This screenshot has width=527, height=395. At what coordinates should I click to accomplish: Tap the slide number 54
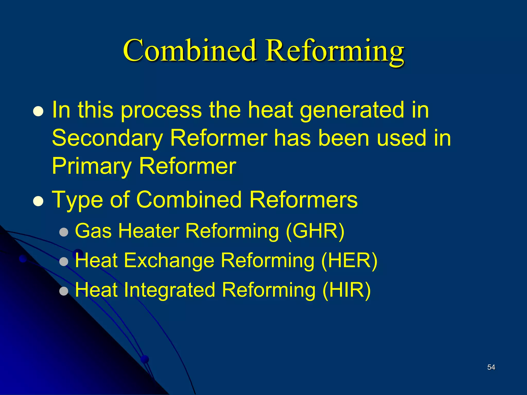click(491, 367)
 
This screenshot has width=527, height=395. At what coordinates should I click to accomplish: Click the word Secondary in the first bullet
click(107, 138)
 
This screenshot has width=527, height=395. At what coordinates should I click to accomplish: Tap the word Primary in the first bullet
click(92, 167)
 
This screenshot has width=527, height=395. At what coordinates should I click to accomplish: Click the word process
click(161, 110)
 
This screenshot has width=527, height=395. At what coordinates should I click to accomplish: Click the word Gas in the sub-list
click(93, 231)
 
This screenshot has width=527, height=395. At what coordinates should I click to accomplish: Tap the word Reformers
click(303, 200)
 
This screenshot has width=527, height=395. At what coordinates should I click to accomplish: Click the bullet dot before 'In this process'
click(38, 112)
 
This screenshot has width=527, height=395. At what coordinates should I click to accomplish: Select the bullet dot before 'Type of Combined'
click(38, 201)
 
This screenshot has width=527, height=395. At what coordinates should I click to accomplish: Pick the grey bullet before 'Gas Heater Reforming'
click(64, 232)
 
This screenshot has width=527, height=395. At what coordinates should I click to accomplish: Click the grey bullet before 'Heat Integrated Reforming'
click(64, 291)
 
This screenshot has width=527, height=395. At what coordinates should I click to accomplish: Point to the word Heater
click(149, 231)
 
